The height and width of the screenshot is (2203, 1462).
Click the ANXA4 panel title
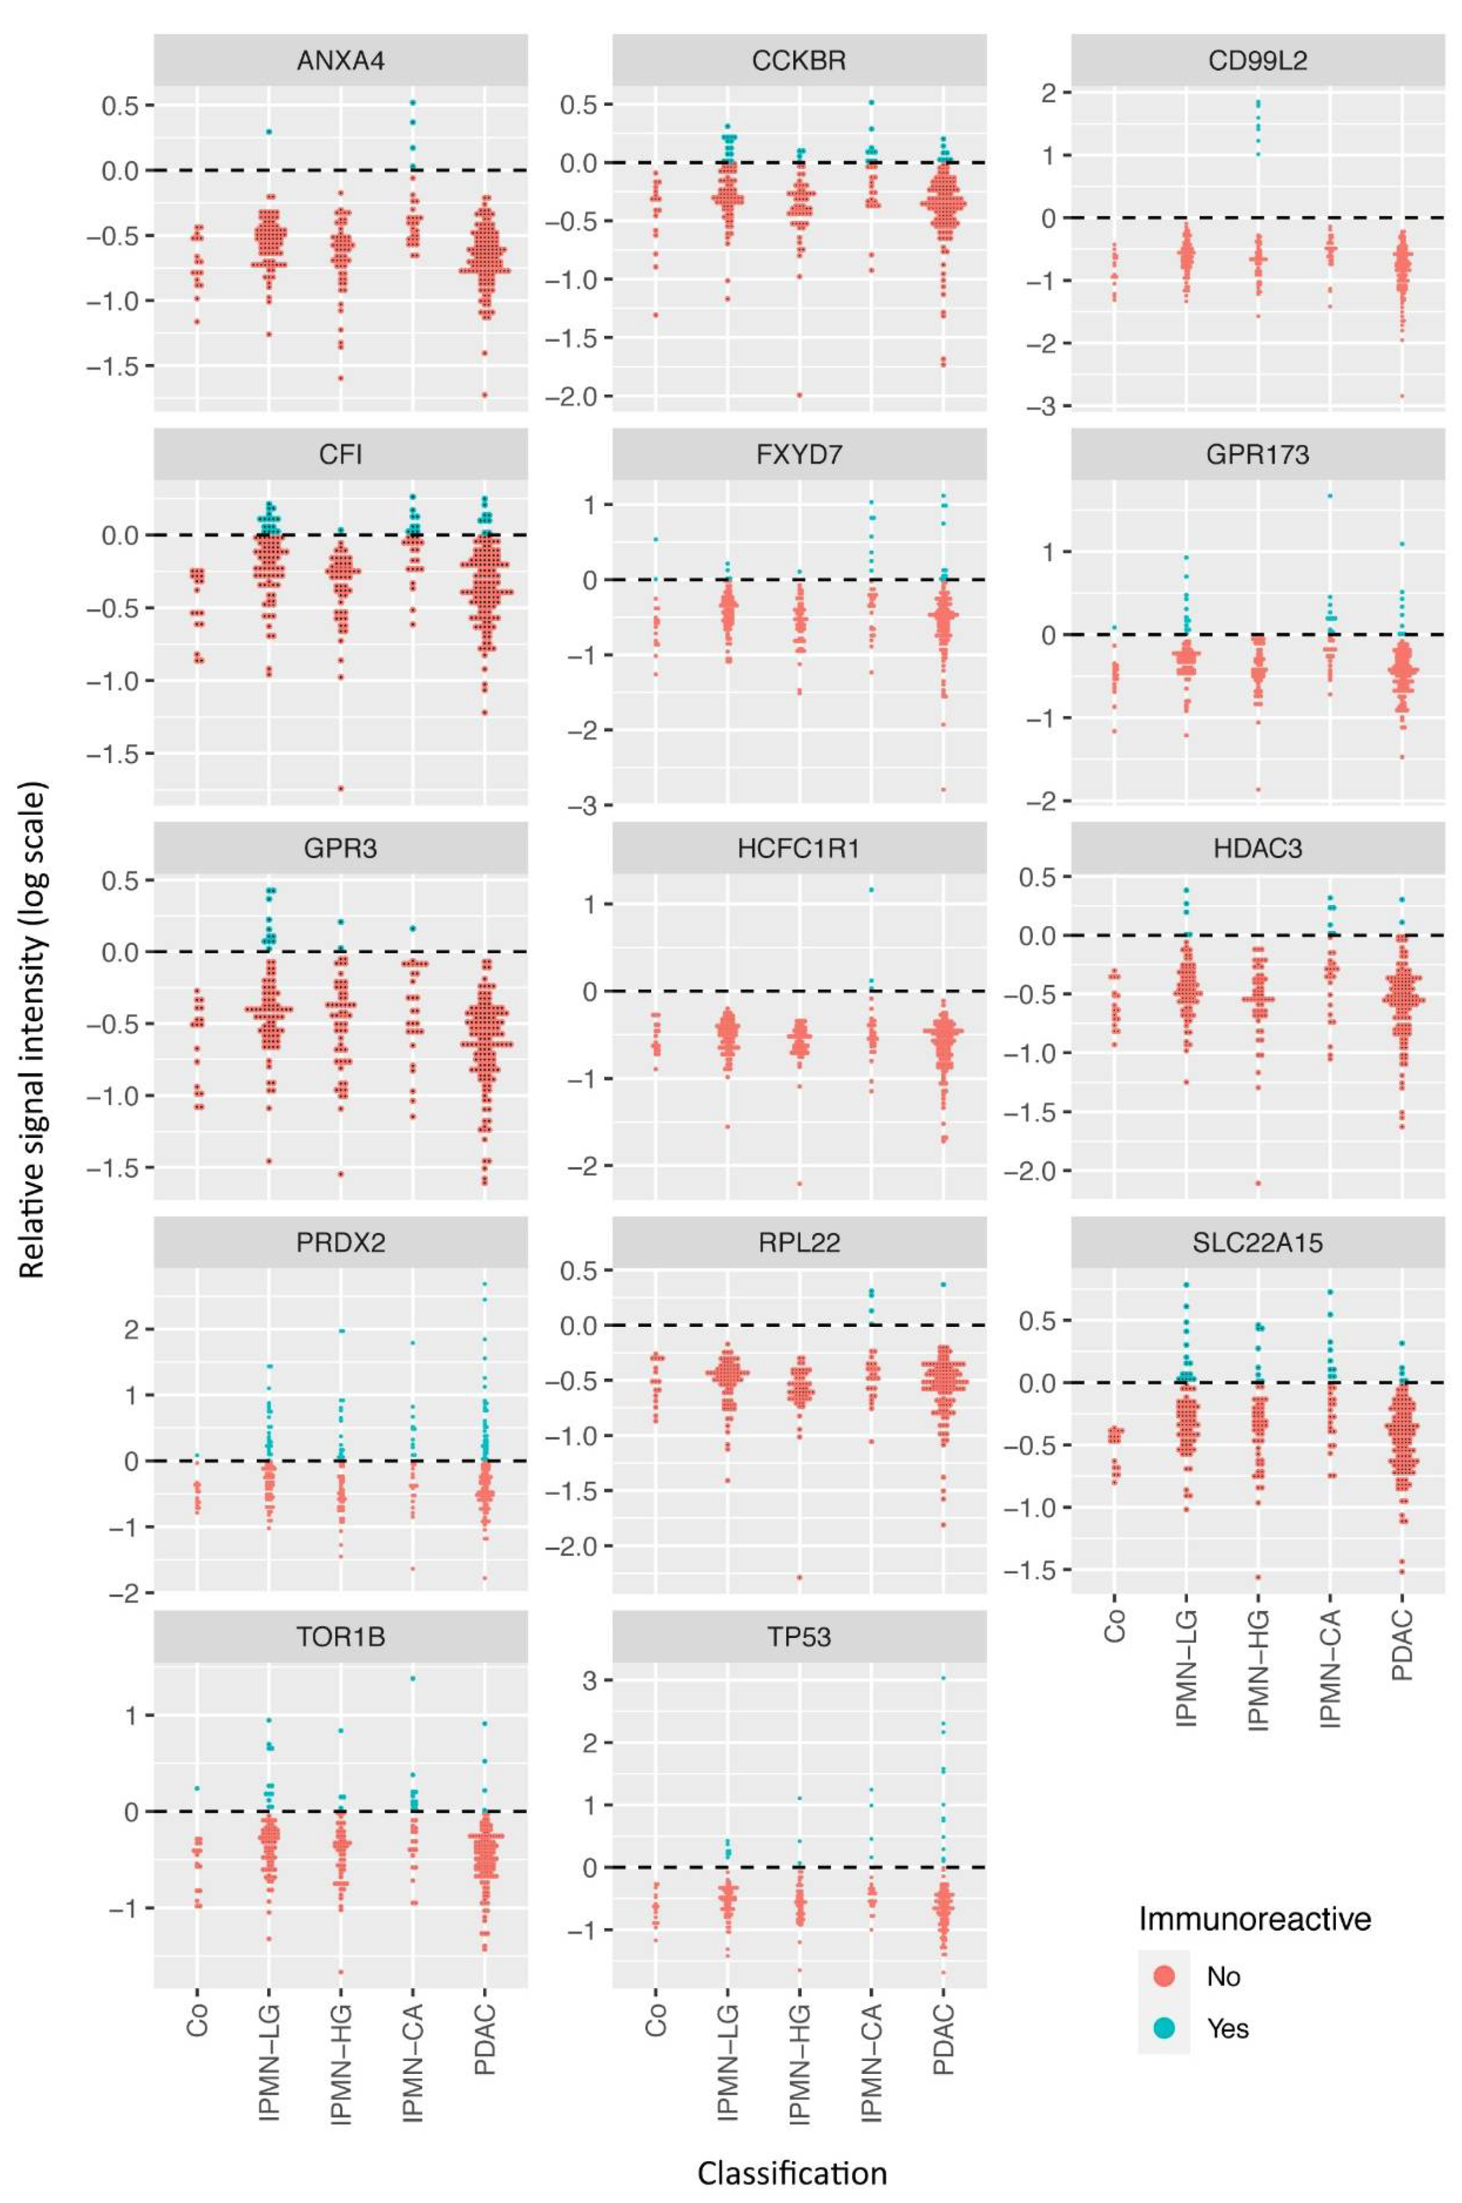pyautogui.click(x=341, y=61)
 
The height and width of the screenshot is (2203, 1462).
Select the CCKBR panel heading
pyautogui.click(x=799, y=61)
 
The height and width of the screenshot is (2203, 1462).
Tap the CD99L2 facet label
pyautogui.click(x=1258, y=61)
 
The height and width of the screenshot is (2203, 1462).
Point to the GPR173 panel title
pyautogui.click(x=1258, y=455)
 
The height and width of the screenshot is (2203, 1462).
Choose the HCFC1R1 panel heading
pyautogui.click(x=799, y=849)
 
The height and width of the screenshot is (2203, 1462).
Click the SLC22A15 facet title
pyautogui.click(x=1258, y=1243)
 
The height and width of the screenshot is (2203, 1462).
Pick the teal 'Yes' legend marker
pyautogui.click(x=1164, y=2028)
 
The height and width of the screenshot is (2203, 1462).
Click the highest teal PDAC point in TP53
pyautogui.click(x=942, y=1678)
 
